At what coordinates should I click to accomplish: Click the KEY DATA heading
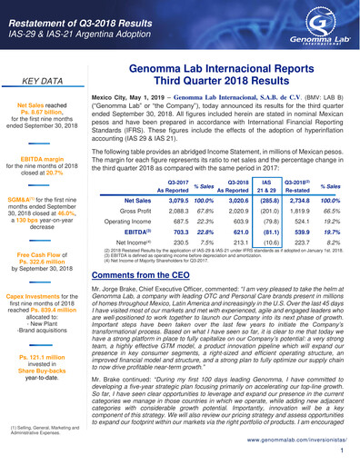(x=46, y=81)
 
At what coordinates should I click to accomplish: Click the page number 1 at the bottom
(x=341, y=448)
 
